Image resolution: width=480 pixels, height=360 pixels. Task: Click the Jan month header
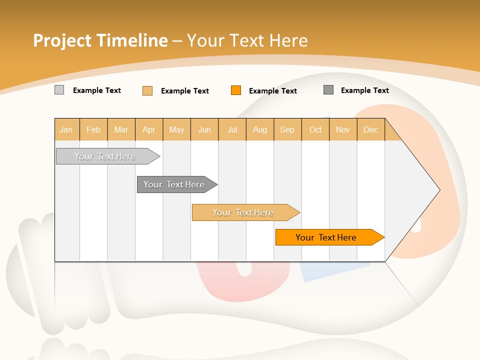[66, 129]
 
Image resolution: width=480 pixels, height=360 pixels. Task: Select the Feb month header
[93, 129]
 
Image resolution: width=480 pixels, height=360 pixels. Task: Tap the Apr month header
[149, 129]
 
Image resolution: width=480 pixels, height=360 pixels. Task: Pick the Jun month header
[204, 129]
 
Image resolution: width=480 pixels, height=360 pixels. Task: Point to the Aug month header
[260, 129]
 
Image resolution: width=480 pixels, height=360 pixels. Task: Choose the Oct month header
[315, 129]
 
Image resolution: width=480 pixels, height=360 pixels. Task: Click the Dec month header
[371, 129]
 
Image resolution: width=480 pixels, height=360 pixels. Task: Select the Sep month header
[287, 129]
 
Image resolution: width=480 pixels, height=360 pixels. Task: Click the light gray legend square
[59, 90]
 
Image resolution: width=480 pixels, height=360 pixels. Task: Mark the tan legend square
[147, 90]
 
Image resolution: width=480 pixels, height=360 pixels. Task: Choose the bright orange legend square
[236, 90]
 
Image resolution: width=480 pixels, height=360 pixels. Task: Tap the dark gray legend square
[328, 90]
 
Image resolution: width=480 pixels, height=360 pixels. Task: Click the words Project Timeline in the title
[100, 40]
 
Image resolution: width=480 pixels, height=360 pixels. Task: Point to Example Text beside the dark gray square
[365, 90]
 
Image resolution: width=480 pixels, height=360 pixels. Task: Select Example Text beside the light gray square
[97, 90]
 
